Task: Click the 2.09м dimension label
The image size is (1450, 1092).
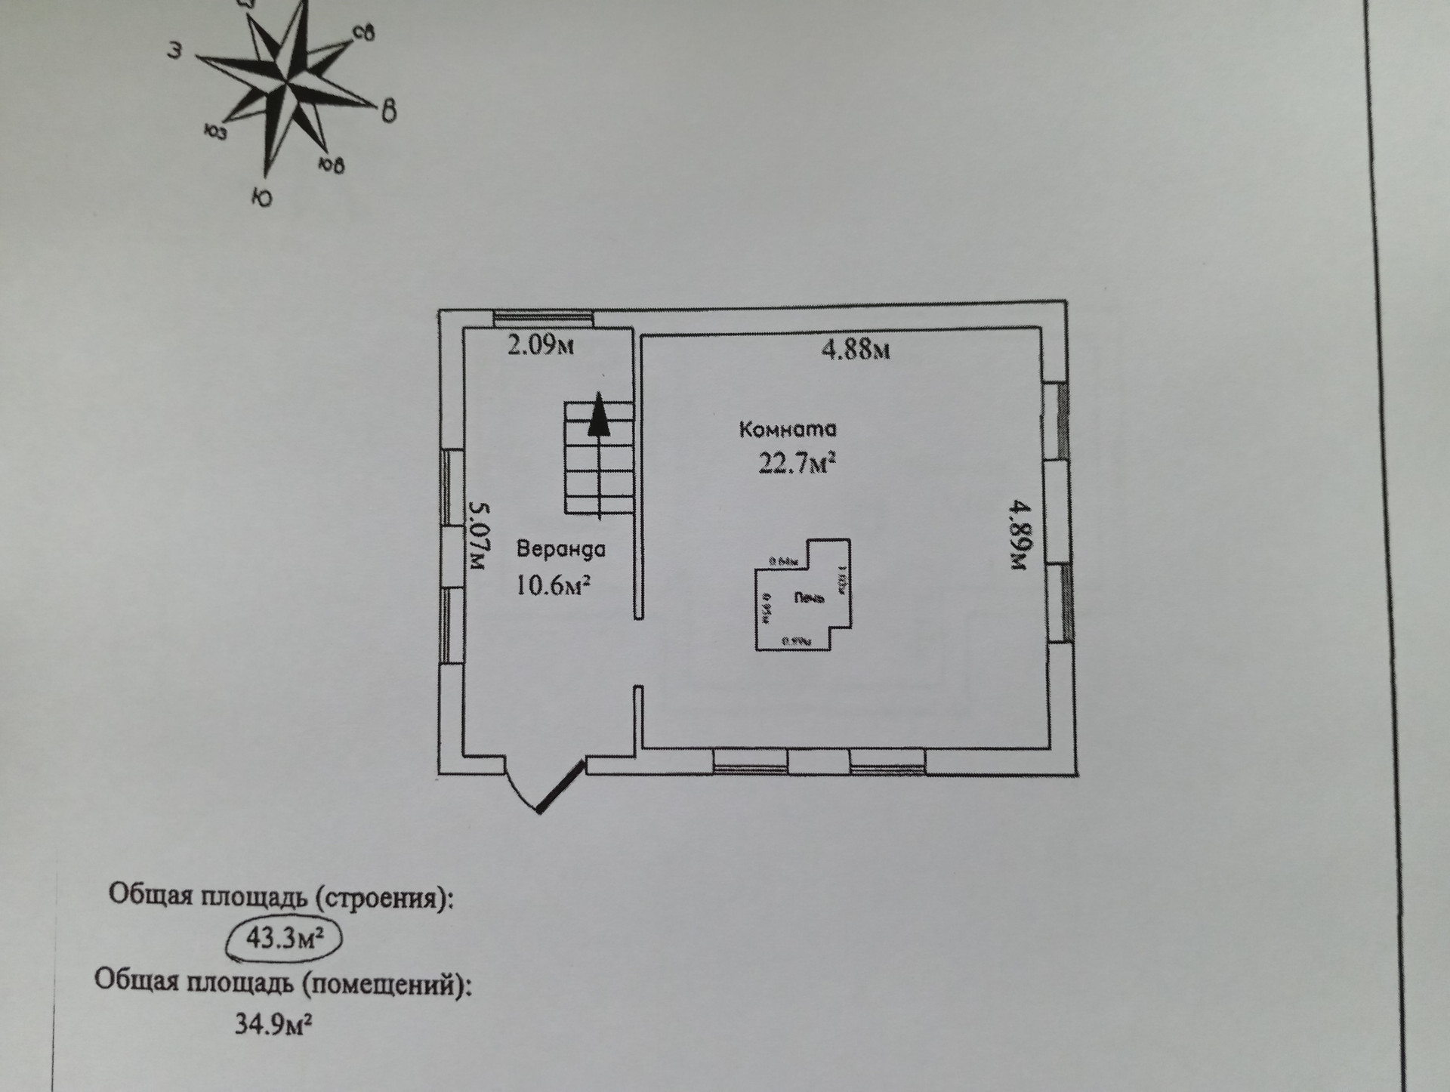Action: tap(540, 347)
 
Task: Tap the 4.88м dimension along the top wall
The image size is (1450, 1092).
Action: tap(855, 350)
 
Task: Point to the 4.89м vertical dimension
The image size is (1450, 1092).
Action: tap(1019, 534)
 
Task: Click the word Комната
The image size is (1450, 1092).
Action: tap(788, 430)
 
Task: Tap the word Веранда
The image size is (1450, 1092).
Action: tap(560, 549)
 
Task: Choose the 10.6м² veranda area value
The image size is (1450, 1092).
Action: tap(552, 585)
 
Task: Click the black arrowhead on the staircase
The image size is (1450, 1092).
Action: tap(599, 415)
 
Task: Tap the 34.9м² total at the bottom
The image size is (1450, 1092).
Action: tap(273, 1026)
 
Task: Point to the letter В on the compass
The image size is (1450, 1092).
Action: tap(387, 111)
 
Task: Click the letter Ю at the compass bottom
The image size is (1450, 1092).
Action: tap(261, 198)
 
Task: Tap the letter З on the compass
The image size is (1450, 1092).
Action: tap(175, 51)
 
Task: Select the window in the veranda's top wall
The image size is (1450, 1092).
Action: tap(543, 319)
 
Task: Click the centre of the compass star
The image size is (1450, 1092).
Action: tap(287, 85)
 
